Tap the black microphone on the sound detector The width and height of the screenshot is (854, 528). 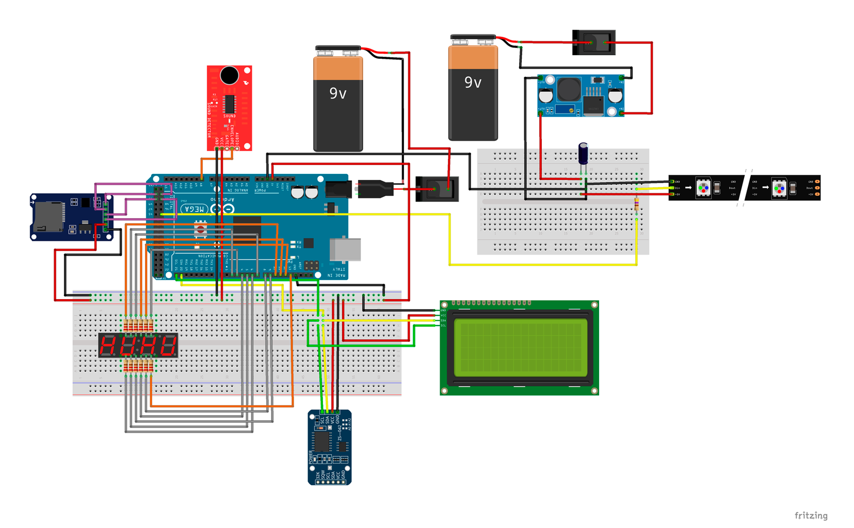[x=229, y=76]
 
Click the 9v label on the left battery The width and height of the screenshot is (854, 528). [x=338, y=93]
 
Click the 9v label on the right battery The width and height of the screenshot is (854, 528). [x=473, y=82]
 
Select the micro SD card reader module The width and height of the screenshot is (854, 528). [x=70, y=217]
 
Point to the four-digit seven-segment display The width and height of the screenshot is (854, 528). [x=138, y=345]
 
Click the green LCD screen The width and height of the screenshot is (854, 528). [x=520, y=348]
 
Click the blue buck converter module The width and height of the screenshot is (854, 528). [x=581, y=96]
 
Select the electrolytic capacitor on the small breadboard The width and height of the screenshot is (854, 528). [x=583, y=154]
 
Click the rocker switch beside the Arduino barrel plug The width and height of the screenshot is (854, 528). [x=437, y=189]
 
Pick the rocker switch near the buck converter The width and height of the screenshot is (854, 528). [x=594, y=42]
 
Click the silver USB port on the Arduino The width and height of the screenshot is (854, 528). [x=345, y=249]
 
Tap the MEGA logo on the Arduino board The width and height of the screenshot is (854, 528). [x=195, y=209]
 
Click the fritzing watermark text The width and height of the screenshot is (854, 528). [x=811, y=515]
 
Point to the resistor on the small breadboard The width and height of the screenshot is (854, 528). [x=636, y=206]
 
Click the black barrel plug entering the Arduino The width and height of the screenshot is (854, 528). [x=374, y=189]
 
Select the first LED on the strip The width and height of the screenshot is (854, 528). [x=703, y=188]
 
